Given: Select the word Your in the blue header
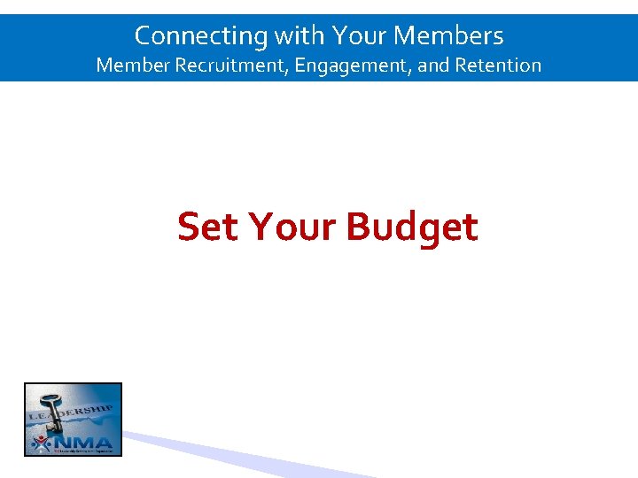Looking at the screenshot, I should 359,36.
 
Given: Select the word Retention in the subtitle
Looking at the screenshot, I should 498,66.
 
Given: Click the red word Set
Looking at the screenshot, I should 208,227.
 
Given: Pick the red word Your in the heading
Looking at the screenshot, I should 292,227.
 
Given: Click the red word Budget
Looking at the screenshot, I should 412,228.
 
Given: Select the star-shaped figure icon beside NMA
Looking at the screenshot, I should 38,442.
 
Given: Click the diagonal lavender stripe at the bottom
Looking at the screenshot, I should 248,457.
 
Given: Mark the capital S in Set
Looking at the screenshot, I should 188,227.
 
